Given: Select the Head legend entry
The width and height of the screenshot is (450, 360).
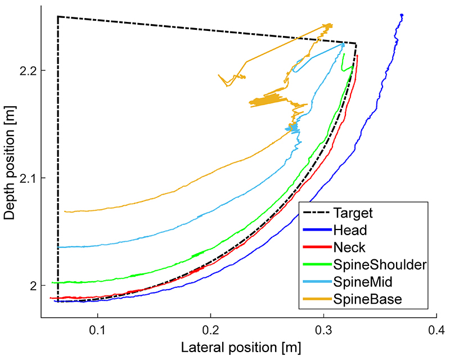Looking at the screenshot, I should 350,231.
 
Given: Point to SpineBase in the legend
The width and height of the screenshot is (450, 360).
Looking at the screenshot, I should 367,300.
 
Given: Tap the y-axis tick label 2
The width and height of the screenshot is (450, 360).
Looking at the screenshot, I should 33,286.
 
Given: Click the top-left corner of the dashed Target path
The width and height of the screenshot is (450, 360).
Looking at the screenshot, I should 58,17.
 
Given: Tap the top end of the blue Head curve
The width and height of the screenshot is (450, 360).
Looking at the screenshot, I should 402,15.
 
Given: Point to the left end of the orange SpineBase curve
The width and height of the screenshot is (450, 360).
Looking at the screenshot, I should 65,211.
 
